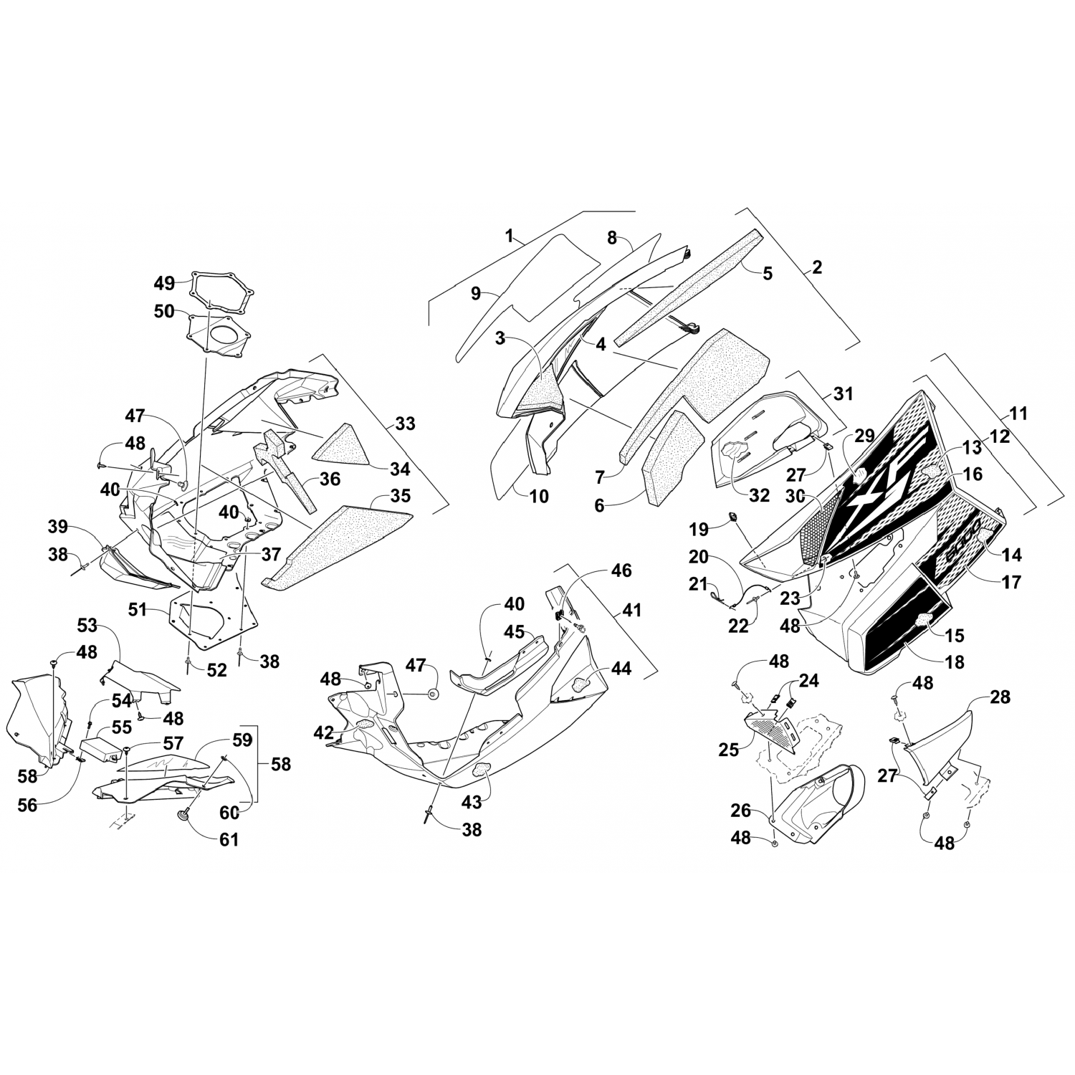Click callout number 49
[x=164, y=283]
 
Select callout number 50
[x=164, y=312]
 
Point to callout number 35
[x=400, y=496]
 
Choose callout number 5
[x=768, y=273]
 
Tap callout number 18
[x=955, y=661]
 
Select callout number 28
[x=1000, y=697]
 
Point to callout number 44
[x=622, y=669]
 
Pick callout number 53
[x=87, y=626]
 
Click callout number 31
[x=844, y=393]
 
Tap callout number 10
[x=539, y=495]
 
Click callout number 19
[x=699, y=530]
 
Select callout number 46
[x=621, y=570]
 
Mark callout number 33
[x=405, y=424]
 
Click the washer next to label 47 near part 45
[x=434, y=694]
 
